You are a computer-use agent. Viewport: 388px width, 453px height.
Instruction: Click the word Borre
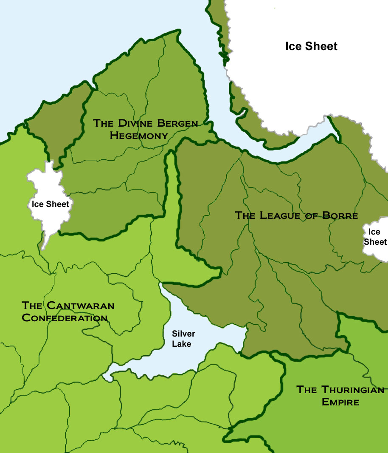[x=340, y=215]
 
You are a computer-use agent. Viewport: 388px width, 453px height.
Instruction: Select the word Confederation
[x=64, y=317]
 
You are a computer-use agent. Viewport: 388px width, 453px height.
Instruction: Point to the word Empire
[x=340, y=402]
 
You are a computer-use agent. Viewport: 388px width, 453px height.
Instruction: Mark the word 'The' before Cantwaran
[x=32, y=306]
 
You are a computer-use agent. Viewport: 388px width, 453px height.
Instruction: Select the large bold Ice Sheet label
[x=311, y=46]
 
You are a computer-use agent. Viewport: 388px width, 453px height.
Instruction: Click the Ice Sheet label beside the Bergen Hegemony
[x=50, y=204]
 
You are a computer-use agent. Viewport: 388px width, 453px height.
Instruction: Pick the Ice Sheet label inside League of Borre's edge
[x=375, y=237]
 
